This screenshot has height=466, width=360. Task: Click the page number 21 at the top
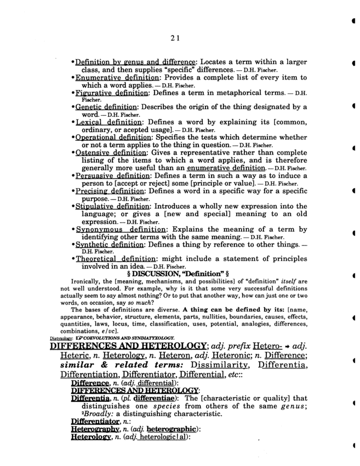point(175,38)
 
